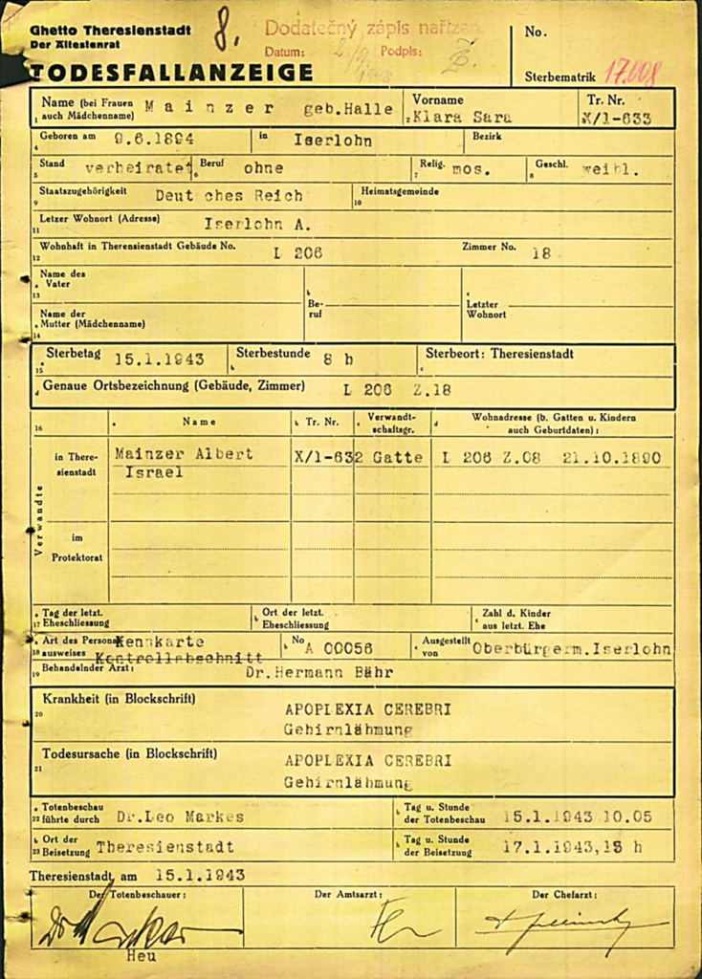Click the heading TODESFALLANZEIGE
pyautogui.click(x=170, y=73)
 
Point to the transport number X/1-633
pyautogui.click(x=616, y=119)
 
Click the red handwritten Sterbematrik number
pyautogui.click(x=633, y=73)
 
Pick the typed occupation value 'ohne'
pyautogui.click(x=263, y=167)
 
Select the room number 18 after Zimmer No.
pyautogui.click(x=541, y=253)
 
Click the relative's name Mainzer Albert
pyautogui.click(x=184, y=455)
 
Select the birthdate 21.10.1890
pyautogui.click(x=611, y=457)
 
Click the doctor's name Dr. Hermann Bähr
pyautogui.click(x=318, y=672)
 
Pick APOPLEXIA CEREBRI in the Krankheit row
pyautogui.click(x=367, y=709)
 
